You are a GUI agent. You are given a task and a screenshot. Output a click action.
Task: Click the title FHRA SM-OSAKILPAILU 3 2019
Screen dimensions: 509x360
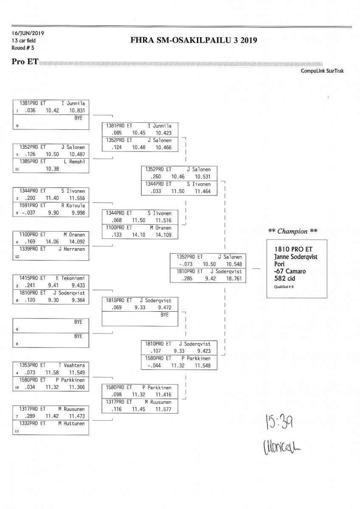[195, 41]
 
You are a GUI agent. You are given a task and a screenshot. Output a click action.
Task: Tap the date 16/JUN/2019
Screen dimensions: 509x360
[28, 33]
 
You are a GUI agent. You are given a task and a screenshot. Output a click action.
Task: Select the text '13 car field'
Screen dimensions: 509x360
[24, 41]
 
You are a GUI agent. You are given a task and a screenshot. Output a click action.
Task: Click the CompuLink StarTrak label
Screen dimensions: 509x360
[322, 71]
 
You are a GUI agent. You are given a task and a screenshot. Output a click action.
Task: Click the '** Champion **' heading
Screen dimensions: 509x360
[293, 231]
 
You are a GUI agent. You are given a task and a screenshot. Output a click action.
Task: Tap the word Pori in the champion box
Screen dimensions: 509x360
[281, 264]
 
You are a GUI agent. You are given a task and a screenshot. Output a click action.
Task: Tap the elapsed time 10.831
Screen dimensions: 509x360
[77, 110]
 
